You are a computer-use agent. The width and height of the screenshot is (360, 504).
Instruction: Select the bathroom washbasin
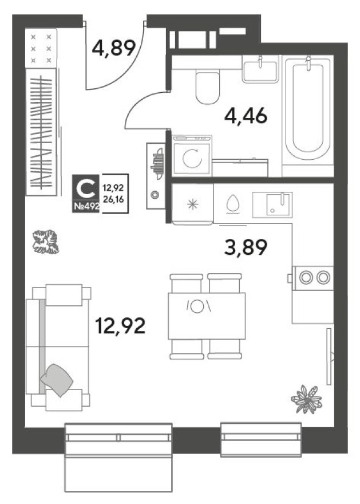[x=260, y=70]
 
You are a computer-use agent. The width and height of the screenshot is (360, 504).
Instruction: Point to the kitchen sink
[x=272, y=204]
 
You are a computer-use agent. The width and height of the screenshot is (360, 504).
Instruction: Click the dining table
[x=207, y=316]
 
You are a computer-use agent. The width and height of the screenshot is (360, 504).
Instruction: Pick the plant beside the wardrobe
[x=45, y=241]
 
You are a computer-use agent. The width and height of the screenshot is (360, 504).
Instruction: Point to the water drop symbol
[x=232, y=204]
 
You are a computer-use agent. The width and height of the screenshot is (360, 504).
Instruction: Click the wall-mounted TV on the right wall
[x=329, y=356]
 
